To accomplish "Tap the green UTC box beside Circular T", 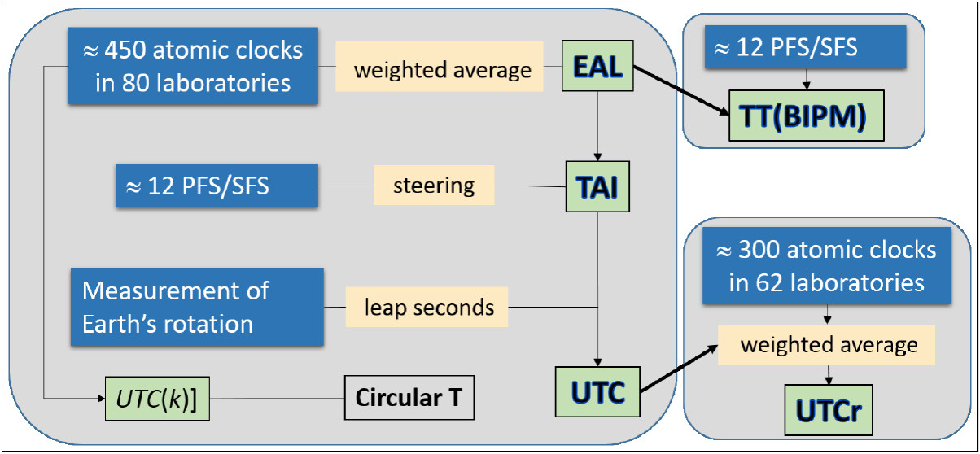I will point(598,394).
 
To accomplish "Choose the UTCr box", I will point(829,413).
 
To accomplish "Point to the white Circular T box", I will point(408,399).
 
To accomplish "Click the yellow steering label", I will point(434,186).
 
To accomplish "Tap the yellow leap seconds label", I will point(427,307).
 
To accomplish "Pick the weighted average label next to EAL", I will point(442,69).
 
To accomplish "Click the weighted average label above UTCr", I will point(828,344).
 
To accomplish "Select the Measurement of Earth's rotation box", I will point(197,307).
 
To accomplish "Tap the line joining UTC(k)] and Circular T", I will point(276,399).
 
